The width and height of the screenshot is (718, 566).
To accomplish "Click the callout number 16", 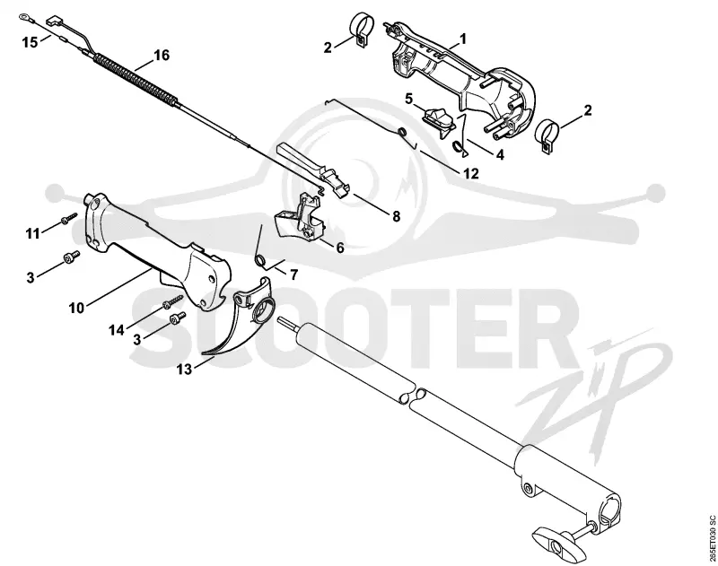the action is pos(162,56).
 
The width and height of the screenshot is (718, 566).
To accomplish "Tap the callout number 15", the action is pos(31,42).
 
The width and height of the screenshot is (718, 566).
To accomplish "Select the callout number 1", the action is pos(463,39).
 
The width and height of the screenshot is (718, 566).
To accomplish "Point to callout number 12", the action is pos(470,173).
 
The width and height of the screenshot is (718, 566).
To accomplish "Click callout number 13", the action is pos(185,369).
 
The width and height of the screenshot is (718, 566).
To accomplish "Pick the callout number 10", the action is pos(76,308).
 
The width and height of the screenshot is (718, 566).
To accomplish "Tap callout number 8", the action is pos(396,215).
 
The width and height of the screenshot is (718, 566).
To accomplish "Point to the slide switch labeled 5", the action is pos(439,121).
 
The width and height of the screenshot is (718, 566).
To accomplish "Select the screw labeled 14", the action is pos(172,301).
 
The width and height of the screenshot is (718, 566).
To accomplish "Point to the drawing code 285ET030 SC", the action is pos(711,539).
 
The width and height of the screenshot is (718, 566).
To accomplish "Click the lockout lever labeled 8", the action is pos(316,170).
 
